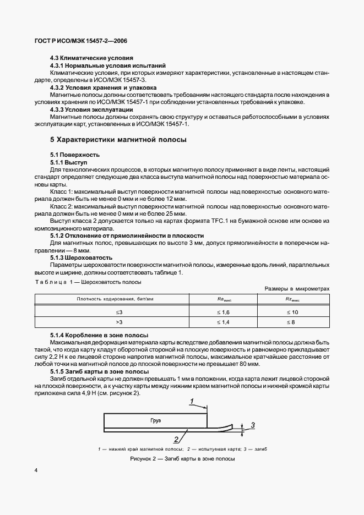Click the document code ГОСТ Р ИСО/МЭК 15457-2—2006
point(81,41)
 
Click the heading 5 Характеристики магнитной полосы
point(118,140)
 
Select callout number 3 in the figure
point(253,425)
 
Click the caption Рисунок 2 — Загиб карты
point(182,459)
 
